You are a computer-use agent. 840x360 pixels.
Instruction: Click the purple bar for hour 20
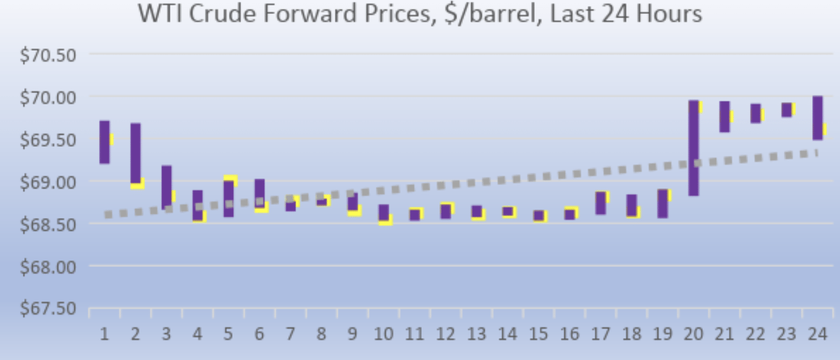(693, 147)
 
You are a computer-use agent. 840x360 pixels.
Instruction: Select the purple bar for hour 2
(135, 153)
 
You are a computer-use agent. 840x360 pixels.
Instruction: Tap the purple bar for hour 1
(105, 142)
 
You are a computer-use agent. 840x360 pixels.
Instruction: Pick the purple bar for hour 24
(817, 118)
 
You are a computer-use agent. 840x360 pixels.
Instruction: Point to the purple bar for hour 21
(724, 117)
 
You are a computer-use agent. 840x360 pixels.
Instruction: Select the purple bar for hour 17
(600, 203)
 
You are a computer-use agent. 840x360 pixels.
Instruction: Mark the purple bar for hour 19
(662, 203)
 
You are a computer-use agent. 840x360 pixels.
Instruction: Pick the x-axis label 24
(816, 334)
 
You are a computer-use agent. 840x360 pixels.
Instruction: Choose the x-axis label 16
(569, 334)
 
